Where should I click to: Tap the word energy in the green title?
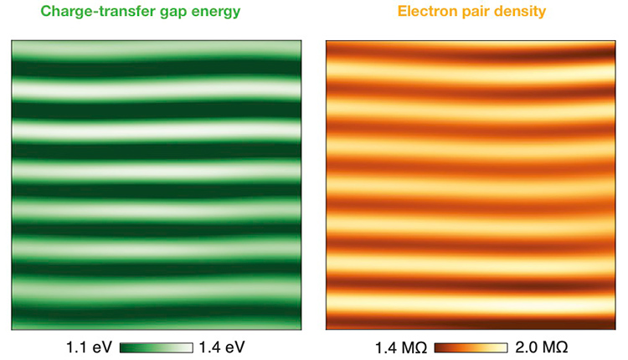click(x=219, y=13)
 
